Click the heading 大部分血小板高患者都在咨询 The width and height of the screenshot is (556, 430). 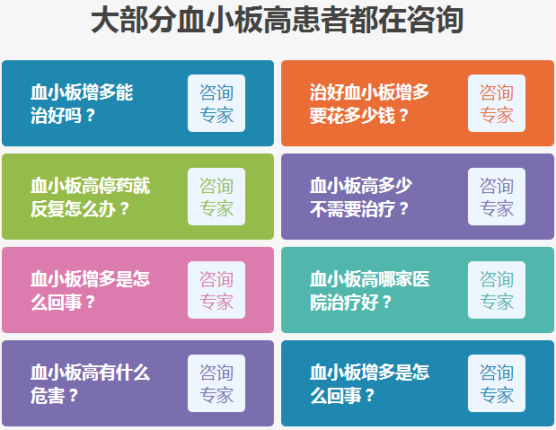[x=277, y=21]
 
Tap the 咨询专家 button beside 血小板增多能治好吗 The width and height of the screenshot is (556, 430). [x=216, y=103]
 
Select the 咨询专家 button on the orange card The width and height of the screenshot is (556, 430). [x=497, y=103]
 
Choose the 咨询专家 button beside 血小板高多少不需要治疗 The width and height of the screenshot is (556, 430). [x=497, y=197]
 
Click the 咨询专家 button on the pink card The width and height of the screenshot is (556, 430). [x=216, y=290]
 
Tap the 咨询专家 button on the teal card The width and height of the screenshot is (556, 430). [x=497, y=290]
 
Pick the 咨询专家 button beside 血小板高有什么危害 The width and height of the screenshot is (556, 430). [x=216, y=383]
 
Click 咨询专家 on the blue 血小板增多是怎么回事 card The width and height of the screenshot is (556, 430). [x=497, y=383]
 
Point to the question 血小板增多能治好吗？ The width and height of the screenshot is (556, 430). [x=82, y=104]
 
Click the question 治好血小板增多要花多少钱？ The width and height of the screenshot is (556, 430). [x=369, y=104]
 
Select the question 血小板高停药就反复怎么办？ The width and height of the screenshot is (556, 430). [x=91, y=197]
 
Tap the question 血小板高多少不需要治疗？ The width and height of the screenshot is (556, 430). [x=361, y=197]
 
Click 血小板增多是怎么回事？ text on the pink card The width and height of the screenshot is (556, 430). [x=91, y=291]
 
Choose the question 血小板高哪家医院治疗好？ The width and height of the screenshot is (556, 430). [x=369, y=291]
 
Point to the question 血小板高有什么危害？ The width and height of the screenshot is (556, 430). [x=91, y=384]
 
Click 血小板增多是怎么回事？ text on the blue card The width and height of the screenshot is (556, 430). [x=369, y=384]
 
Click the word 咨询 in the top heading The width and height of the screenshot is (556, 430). [x=435, y=21]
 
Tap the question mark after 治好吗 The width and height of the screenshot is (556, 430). [x=91, y=115]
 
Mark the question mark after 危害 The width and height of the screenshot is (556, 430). [x=74, y=395]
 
